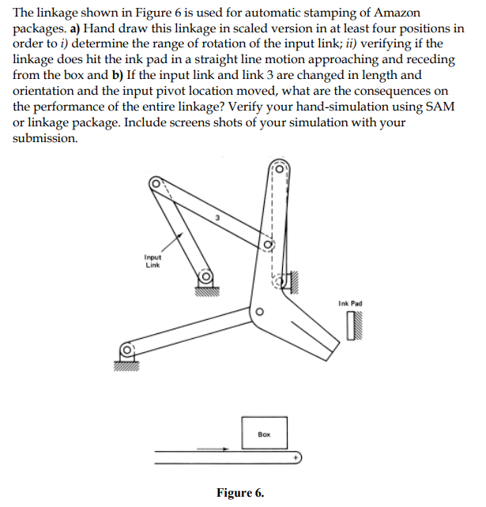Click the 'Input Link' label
pos(153,261)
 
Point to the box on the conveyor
pos(265,433)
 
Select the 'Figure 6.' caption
pos(240,494)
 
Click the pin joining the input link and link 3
pos(156,183)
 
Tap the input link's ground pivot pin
pos(204,277)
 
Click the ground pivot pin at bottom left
pos(126,348)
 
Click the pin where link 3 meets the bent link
pos(269,246)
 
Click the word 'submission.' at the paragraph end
pos(45,137)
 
